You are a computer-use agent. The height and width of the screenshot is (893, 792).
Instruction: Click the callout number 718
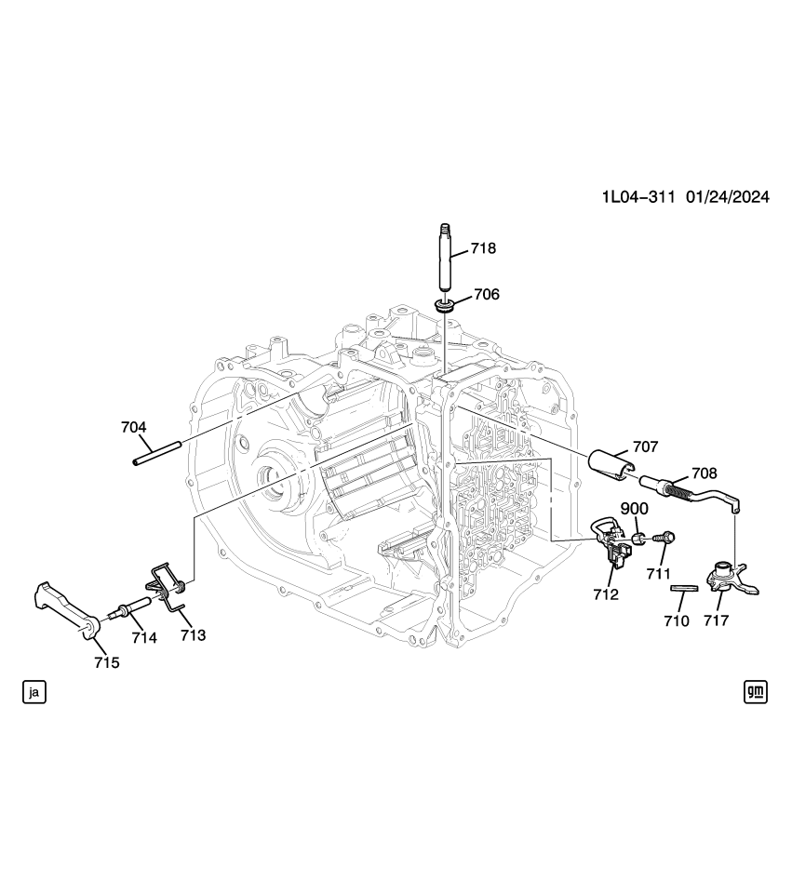pos(483,248)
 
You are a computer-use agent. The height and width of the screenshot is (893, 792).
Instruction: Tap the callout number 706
pos(486,294)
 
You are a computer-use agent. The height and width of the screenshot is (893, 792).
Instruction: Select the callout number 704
pos(134,427)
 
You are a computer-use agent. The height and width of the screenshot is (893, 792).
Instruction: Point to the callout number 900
pos(635,509)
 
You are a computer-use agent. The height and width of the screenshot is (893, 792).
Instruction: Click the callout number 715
pos(106,662)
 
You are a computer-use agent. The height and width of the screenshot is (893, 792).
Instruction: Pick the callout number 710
pos(677,620)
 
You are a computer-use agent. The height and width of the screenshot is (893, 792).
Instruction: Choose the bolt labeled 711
pos(666,538)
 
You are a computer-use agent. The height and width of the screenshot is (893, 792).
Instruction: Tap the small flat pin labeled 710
pos(684,588)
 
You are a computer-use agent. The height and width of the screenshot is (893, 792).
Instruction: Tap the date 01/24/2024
pos(727,196)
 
